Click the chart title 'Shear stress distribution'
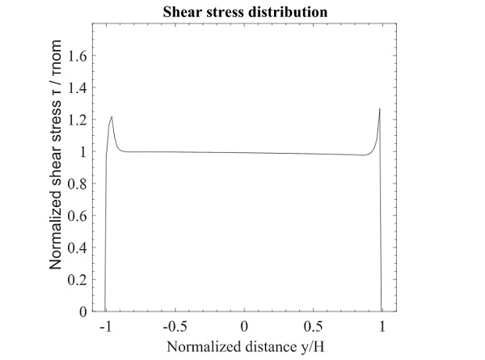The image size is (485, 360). pyautogui.click(x=243, y=12)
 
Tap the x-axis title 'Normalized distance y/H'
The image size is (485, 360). pyautogui.click(x=243, y=348)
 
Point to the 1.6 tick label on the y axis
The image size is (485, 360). pyautogui.click(x=78, y=56)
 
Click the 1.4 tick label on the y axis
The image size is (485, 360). pyautogui.click(x=78, y=87)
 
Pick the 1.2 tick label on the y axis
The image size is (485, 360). pyautogui.click(x=78, y=120)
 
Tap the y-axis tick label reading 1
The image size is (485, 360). pyautogui.click(x=82, y=151)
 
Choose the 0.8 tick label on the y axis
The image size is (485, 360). pyautogui.click(x=78, y=184)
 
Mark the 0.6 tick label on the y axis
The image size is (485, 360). pyautogui.click(x=78, y=215)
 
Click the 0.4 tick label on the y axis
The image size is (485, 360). pyautogui.click(x=78, y=248)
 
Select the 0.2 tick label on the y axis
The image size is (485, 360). pyautogui.click(x=78, y=279)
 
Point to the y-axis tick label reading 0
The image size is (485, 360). pyautogui.click(x=82, y=311)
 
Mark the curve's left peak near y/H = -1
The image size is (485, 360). pyautogui.click(x=112, y=116)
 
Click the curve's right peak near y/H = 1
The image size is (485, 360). pyautogui.click(x=379, y=108)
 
